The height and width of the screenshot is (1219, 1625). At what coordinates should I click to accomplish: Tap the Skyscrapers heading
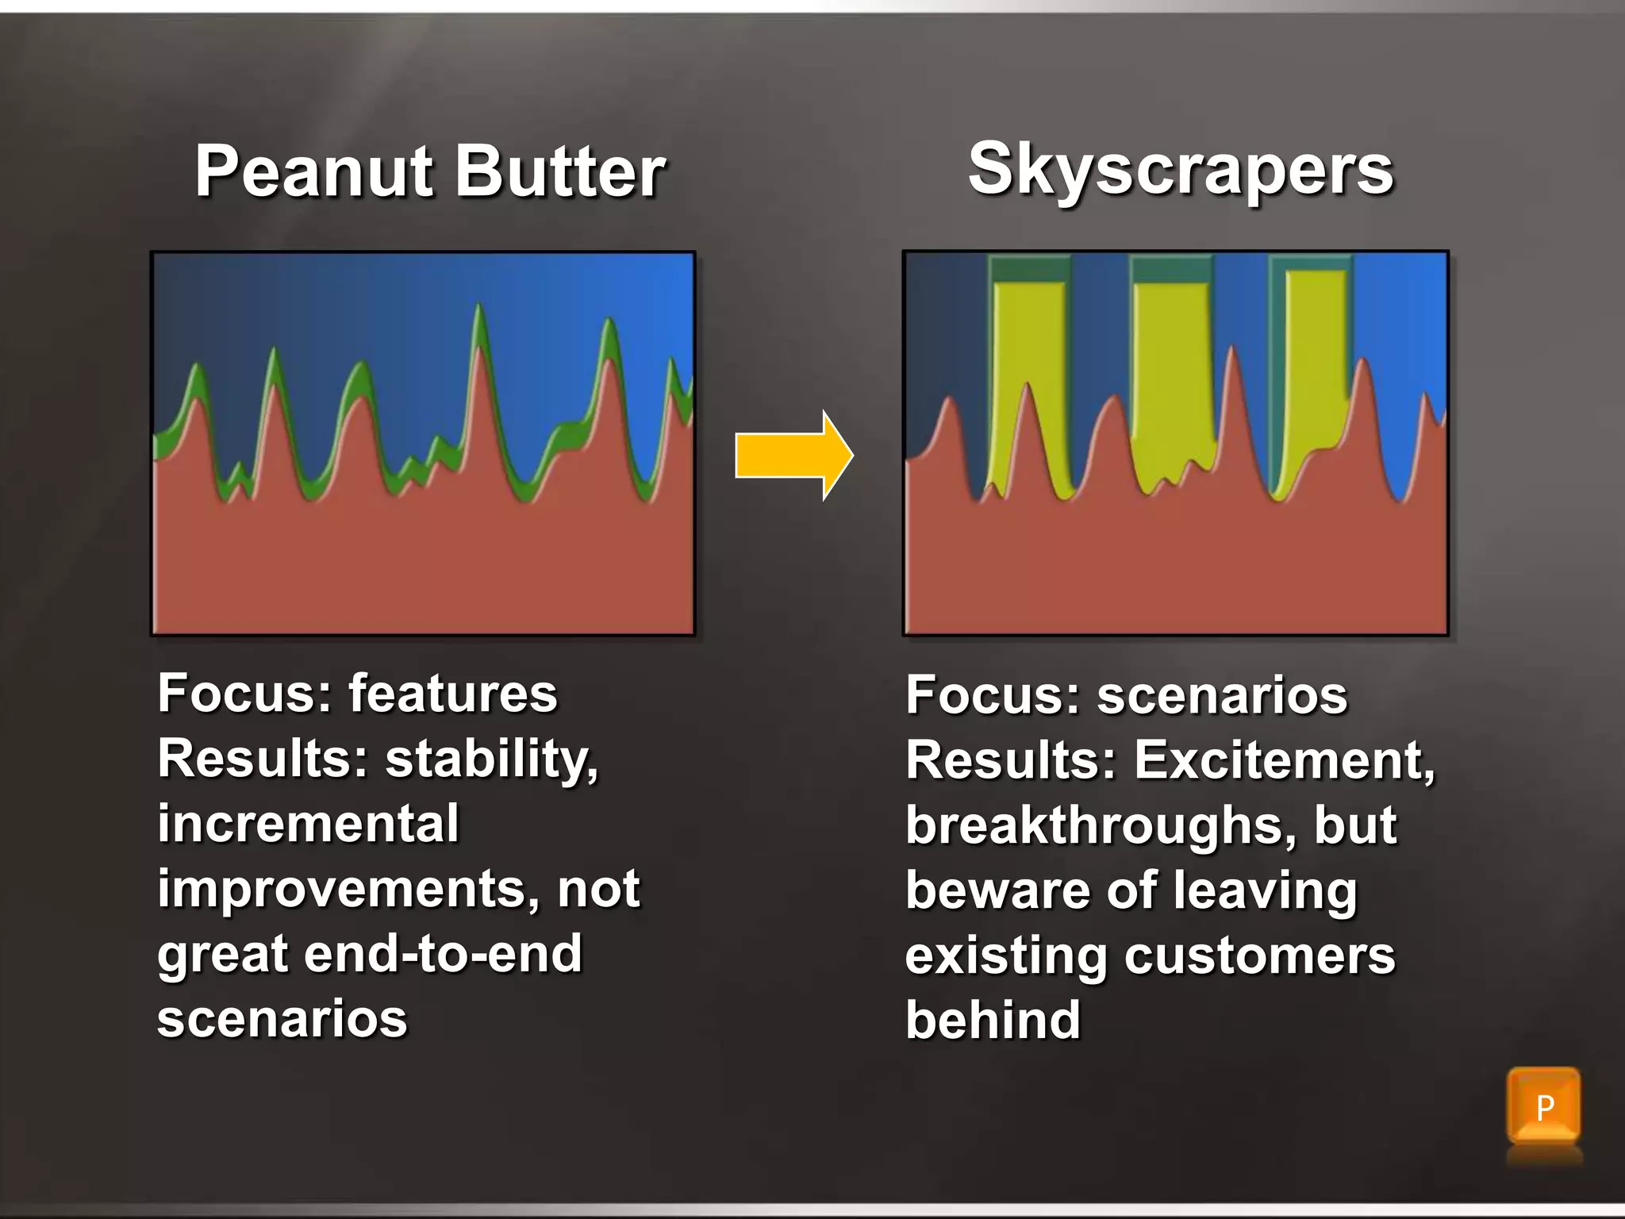[1181, 170]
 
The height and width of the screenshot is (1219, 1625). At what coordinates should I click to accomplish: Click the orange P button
[1543, 1106]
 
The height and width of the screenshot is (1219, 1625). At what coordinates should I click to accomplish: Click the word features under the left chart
[453, 694]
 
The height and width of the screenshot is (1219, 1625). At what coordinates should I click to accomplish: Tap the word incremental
[308, 824]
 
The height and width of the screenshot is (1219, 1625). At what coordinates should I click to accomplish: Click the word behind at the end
[993, 1021]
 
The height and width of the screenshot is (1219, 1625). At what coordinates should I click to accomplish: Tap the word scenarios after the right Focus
[1222, 695]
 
